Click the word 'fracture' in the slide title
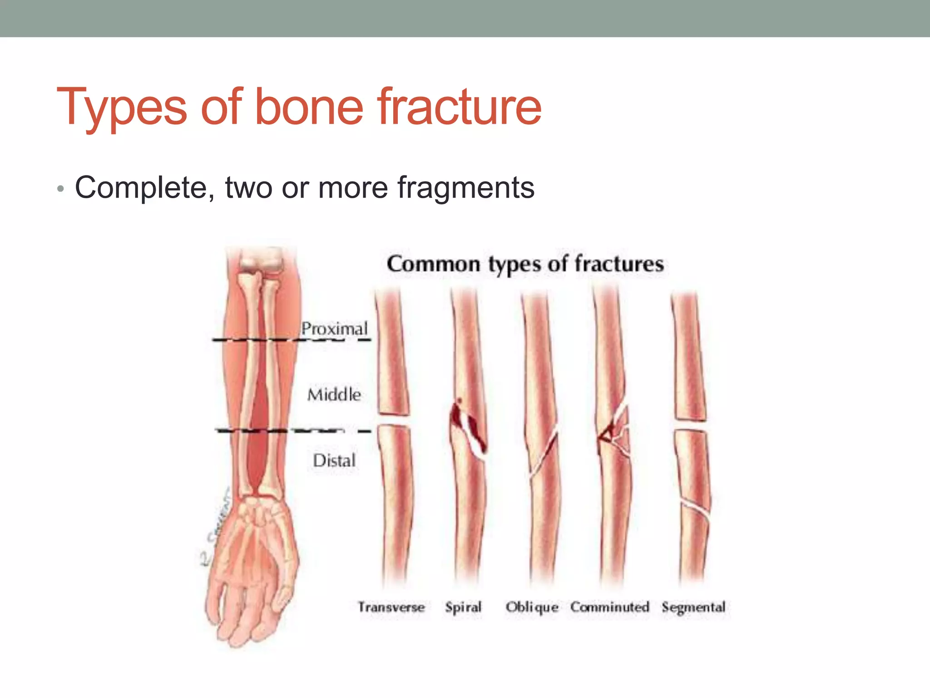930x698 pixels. click(459, 107)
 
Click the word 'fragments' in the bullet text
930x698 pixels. click(466, 188)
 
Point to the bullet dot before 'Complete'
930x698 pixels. click(60, 189)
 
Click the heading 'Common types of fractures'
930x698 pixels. click(525, 264)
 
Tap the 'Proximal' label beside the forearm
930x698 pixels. click(334, 329)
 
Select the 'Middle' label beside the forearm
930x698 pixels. click(334, 394)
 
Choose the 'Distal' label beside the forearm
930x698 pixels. click(334, 460)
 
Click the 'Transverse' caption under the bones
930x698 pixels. click(391, 607)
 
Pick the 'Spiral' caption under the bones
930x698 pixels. click(463, 608)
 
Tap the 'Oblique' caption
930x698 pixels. click(532, 608)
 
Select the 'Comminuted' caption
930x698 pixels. click(609, 607)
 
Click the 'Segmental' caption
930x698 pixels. click(693, 607)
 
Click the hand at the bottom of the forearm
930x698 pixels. click(250, 568)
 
